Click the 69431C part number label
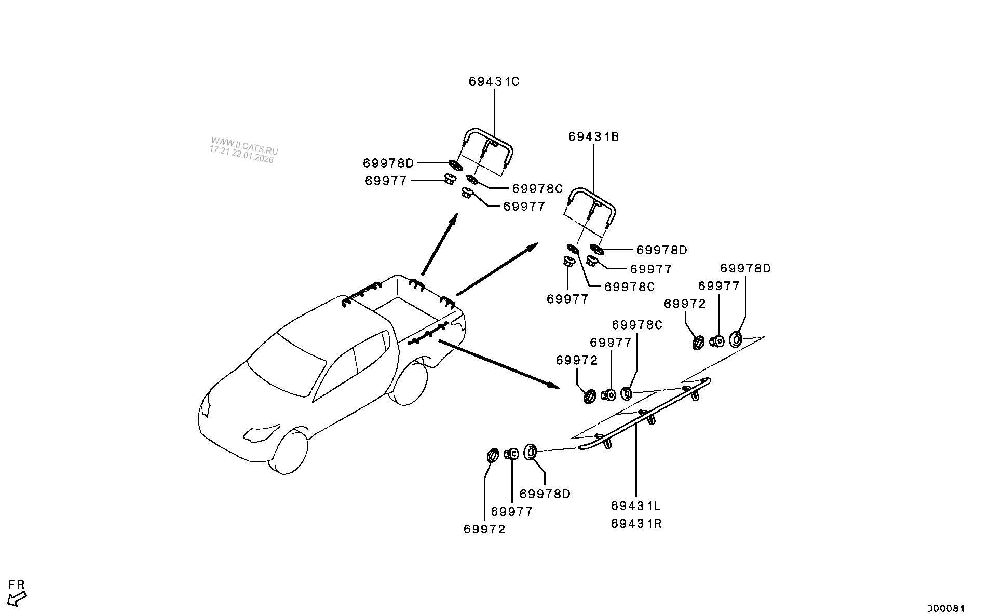(493, 81)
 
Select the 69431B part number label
(593, 137)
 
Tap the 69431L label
(636, 505)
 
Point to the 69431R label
(636, 523)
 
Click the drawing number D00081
(946, 608)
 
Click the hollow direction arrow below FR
(18, 598)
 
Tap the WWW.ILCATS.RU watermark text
(244, 145)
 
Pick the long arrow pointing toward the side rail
(498, 364)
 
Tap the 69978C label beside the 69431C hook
(537, 188)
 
